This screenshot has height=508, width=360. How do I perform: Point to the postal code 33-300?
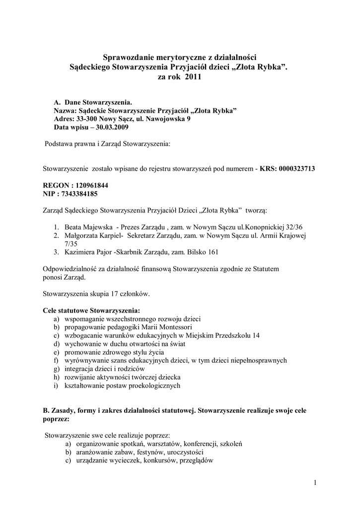[85, 119]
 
